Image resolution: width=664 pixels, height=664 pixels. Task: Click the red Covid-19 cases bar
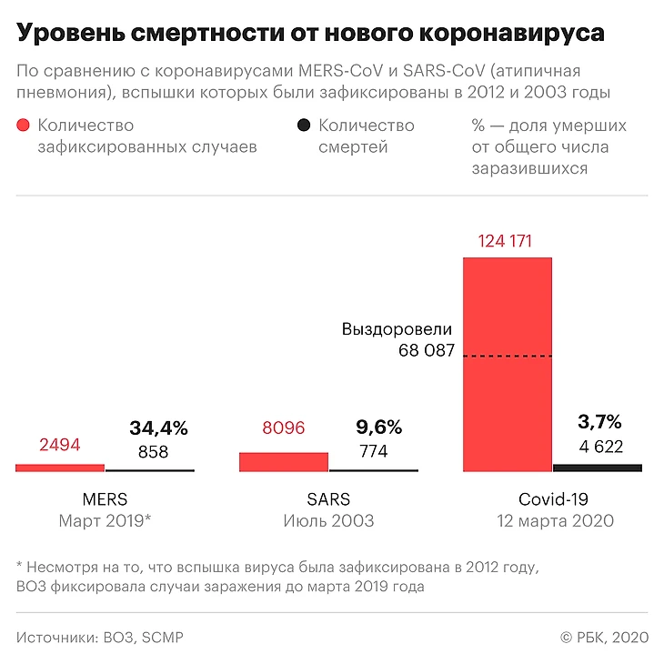507,364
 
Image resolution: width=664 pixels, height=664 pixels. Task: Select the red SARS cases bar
283,461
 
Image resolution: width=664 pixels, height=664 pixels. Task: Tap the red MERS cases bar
60,468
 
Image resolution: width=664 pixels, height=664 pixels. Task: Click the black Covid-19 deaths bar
597,468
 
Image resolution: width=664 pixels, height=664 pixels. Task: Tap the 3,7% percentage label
599,421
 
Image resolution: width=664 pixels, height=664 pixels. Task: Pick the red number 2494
60,445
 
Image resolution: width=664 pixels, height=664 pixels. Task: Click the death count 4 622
600,446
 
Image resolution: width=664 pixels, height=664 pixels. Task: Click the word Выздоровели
397,329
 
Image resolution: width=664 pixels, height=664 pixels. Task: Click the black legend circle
304,126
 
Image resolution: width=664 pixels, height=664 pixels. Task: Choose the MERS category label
105,499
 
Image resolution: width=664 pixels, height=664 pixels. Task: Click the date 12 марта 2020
554,521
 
